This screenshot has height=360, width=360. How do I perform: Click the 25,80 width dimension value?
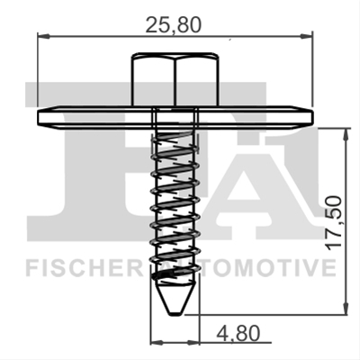173,25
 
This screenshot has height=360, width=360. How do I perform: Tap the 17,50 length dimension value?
334,222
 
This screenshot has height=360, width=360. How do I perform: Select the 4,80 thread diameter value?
237,334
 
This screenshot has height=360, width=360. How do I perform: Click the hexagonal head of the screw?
175,79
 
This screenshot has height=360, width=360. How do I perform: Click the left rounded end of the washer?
40,118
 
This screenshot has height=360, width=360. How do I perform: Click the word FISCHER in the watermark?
85,268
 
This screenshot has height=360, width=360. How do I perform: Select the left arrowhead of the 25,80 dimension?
43,36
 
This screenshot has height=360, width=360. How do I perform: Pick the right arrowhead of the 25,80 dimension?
306,37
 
